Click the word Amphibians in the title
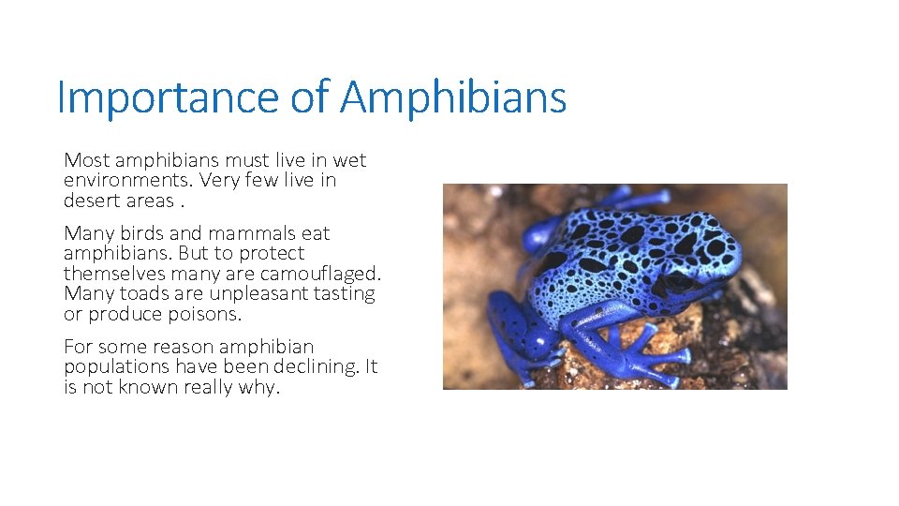pos(453,97)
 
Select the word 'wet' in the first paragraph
pos(349,160)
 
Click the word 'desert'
pos(92,201)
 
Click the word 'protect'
pos(272,253)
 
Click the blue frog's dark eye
pos(677,279)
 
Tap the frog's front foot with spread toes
pos(656,361)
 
